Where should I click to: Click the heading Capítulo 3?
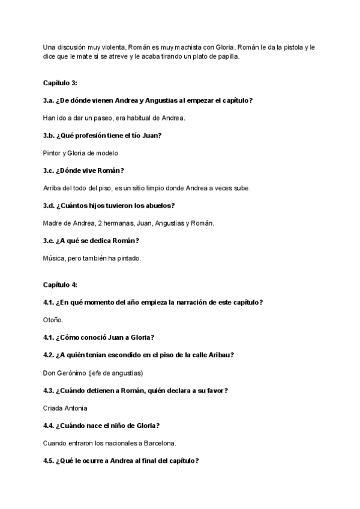click(60, 83)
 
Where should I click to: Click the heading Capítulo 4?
click(60, 285)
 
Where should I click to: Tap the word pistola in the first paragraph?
click(281, 46)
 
